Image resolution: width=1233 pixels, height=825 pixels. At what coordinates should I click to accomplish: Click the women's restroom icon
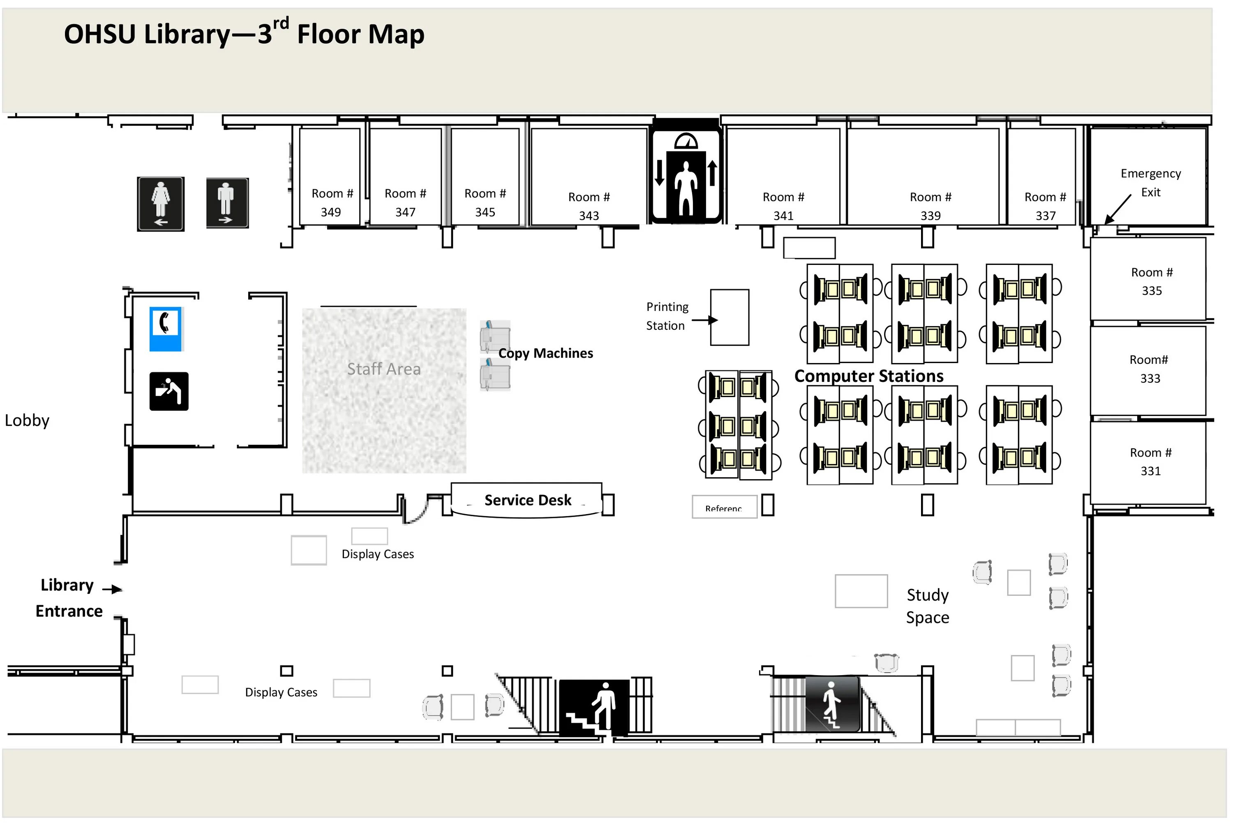[x=161, y=204]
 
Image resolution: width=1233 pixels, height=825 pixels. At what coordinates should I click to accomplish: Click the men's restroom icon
[x=227, y=203]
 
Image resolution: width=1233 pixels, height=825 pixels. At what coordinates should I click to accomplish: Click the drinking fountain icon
[x=169, y=391]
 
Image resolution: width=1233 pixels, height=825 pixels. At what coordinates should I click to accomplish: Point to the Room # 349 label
[x=332, y=202]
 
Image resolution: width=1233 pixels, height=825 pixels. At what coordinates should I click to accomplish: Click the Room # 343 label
[x=589, y=206]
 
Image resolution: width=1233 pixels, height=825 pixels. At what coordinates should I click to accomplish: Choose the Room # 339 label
[x=930, y=206]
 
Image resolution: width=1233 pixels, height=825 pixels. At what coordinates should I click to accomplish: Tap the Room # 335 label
[x=1151, y=281]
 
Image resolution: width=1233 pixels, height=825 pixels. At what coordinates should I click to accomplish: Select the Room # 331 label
[x=1150, y=462]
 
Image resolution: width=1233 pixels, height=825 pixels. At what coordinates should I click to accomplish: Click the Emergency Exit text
[x=1150, y=183]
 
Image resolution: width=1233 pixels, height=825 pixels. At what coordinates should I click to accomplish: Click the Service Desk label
[x=528, y=500]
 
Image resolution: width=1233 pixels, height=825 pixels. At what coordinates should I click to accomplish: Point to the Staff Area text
[x=384, y=369]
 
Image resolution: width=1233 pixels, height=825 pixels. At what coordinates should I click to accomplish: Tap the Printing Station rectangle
[x=729, y=317]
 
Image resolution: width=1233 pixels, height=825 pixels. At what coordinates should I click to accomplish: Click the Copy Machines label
[x=545, y=353]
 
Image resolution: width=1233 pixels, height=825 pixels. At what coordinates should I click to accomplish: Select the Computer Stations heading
[x=869, y=376]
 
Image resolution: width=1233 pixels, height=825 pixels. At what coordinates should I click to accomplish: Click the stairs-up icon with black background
[x=594, y=707]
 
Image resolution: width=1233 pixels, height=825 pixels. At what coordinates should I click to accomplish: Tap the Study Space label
[x=927, y=606]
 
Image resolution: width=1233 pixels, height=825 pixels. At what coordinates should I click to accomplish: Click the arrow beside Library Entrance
[x=112, y=589]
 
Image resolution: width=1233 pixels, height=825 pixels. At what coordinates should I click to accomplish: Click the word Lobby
[x=27, y=421]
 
